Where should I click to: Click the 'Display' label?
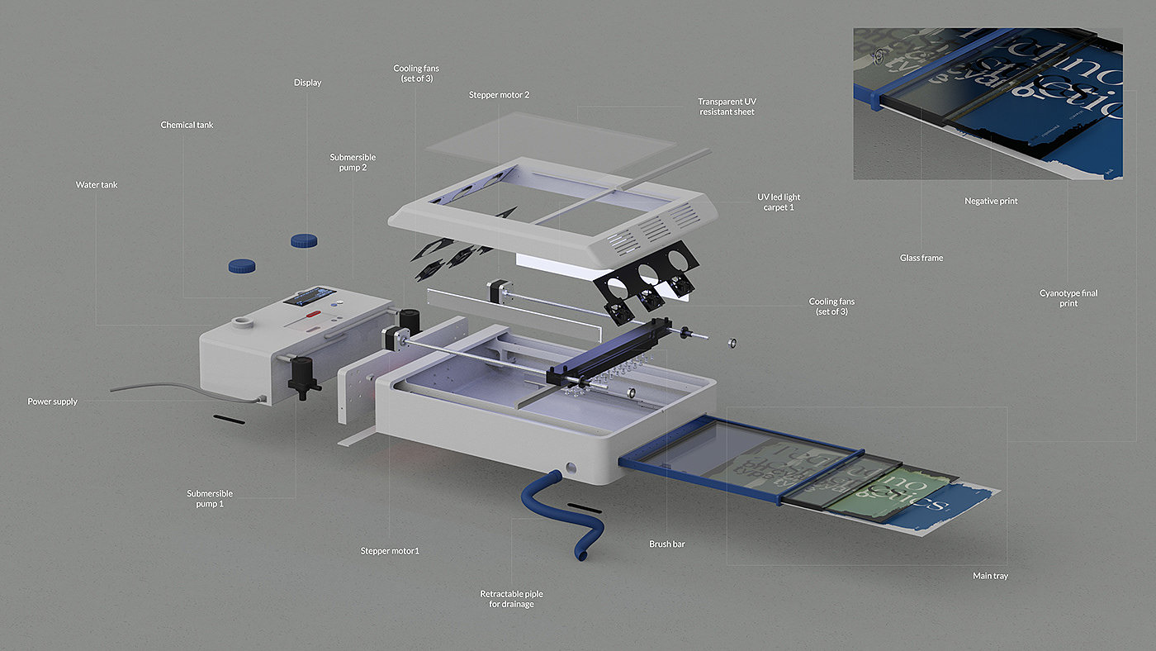(x=307, y=83)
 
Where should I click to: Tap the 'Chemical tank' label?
(x=187, y=125)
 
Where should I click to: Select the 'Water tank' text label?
(x=97, y=185)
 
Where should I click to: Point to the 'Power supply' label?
(x=52, y=402)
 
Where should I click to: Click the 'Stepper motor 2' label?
(x=499, y=95)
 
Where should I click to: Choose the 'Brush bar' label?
(x=667, y=544)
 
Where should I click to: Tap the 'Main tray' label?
(x=989, y=575)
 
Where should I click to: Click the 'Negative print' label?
(x=991, y=201)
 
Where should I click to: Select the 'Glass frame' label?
(x=921, y=259)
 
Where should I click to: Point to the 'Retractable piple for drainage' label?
(x=511, y=599)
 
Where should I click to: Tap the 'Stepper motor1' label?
(x=390, y=551)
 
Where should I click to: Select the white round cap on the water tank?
(x=243, y=321)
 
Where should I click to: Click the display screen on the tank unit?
(x=310, y=296)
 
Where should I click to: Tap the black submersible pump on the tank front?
(x=301, y=377)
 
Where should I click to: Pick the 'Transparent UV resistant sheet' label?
(x=726, y=107)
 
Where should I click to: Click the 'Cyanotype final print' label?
(x=1068, y=298)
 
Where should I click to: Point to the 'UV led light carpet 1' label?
(x=779, y=202)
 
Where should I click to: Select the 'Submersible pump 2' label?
(x=353, y=162)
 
